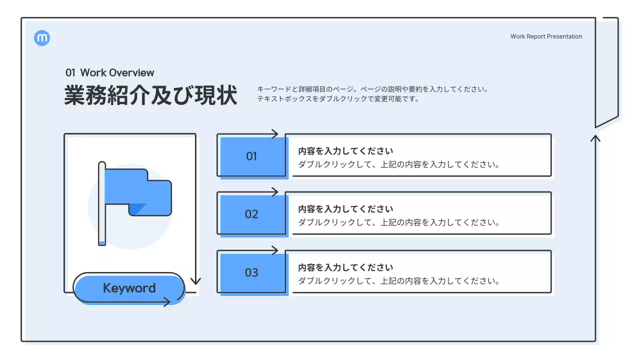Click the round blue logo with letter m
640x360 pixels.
point(42,38)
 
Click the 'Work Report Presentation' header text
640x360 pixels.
point(546,36)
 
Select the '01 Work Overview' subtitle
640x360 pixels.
point(110,72)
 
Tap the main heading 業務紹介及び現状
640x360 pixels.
point(150,95)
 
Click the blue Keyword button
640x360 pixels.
point(129,288)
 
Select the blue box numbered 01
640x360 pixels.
point(252,156)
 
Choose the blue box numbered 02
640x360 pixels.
point(252,214)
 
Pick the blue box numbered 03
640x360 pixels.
point(252,273)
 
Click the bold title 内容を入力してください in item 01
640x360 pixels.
point(345,151)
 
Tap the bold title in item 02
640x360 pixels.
point(345,209)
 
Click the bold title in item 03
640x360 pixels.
point(345,267)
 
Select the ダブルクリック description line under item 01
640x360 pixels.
point(399,164)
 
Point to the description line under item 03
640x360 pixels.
point(399,281)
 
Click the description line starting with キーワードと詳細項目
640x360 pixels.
point(372,89)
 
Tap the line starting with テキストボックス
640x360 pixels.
point(338,99)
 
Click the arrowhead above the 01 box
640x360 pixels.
point(274,133)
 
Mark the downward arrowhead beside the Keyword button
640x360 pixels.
point(195,281)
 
